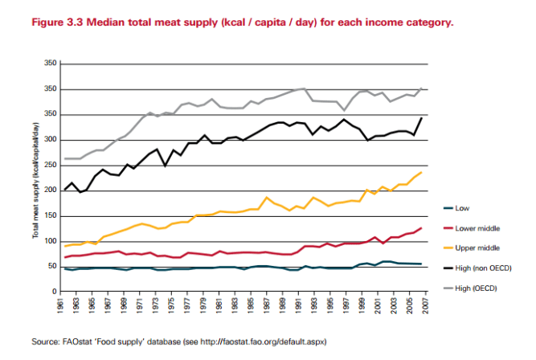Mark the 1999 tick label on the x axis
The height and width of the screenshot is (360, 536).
[360, 307]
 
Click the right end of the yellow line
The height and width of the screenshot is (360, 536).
[421, 172]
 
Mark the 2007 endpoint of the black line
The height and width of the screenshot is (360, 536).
[421, 118]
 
